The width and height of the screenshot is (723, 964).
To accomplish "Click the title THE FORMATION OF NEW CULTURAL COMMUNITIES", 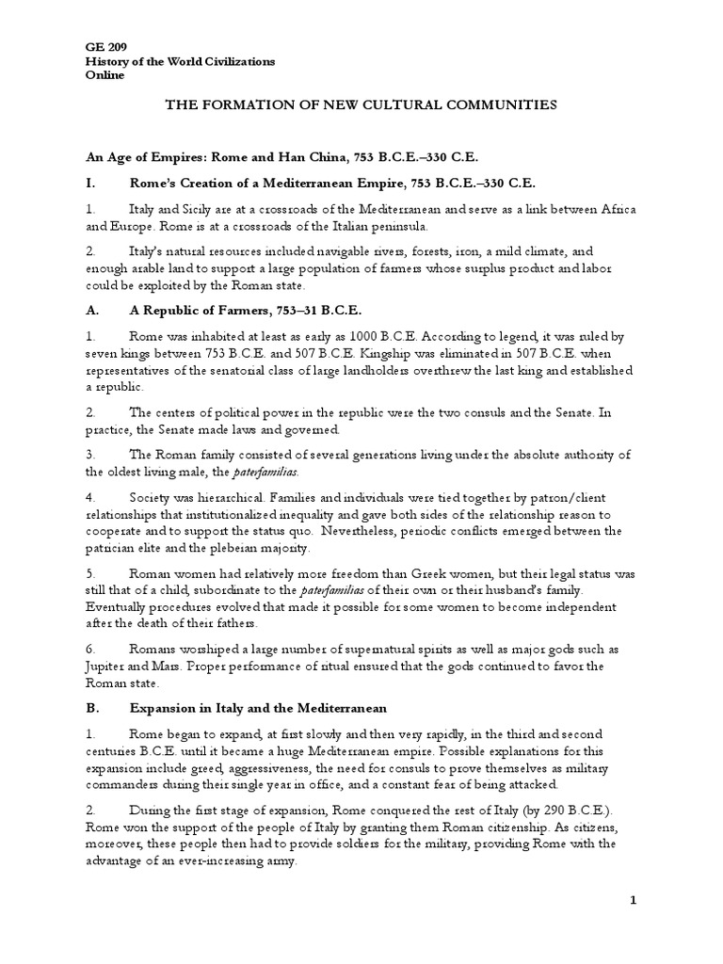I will point(361,105).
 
